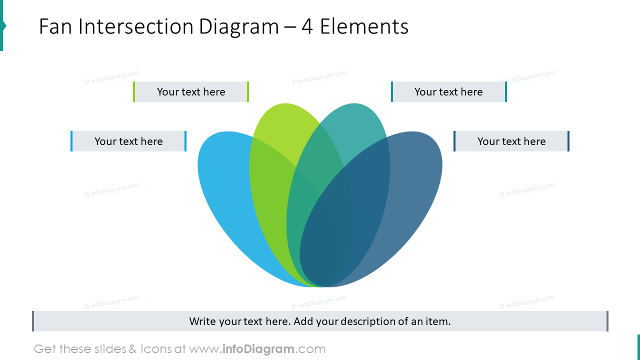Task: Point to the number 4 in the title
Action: click(307, 26)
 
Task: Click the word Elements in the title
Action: click(364, 26)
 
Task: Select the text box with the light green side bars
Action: click(191, 92)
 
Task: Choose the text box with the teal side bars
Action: click(448, 92)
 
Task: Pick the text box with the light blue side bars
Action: click(128, 141)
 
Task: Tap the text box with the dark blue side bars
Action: click(511, 141)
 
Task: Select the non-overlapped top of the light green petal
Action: click(282, 122)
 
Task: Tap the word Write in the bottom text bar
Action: click(202, 321)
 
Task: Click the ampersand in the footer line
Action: click(132, 349)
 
